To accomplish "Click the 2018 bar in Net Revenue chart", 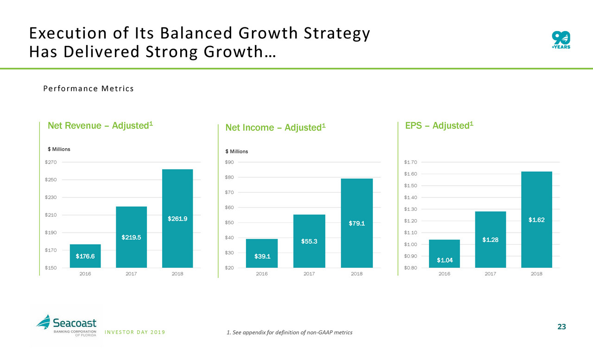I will pos(177,218).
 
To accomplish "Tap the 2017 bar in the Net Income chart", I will pos(309,241).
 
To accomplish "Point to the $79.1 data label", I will pos(357,224).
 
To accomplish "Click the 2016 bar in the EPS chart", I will pos(445,253).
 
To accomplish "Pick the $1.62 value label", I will pos(536,220).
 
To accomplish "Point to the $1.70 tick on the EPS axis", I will pos(410,162).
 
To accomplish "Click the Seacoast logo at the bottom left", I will pos(66,325).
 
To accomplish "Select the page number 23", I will pos(561,327).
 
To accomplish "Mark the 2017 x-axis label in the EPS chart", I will pos(490,274).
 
